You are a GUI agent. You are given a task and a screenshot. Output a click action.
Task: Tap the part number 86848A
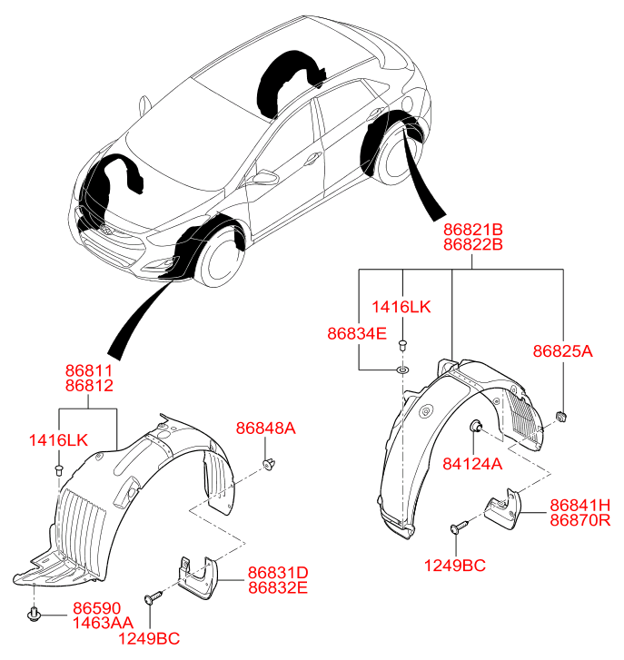pos(266,429)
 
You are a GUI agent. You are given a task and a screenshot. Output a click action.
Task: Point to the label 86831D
pos(278,573)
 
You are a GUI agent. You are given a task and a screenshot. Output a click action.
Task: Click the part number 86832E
pos(278,587)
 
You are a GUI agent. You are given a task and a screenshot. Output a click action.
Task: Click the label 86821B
pos(472,231)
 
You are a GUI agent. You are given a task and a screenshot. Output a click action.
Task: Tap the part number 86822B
pos(472,245)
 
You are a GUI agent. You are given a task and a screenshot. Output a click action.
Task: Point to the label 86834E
pos(357,334)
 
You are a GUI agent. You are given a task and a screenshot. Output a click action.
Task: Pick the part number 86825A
pos(562,350)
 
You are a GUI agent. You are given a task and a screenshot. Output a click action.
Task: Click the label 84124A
pos(472,463)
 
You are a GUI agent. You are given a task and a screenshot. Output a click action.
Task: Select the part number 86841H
pos(579,505)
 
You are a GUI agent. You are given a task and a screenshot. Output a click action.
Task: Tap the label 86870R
pos(579,519)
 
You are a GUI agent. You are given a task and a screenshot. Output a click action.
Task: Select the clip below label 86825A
pos(561,416)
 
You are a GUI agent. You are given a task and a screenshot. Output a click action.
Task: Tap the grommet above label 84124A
pos(475,428)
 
